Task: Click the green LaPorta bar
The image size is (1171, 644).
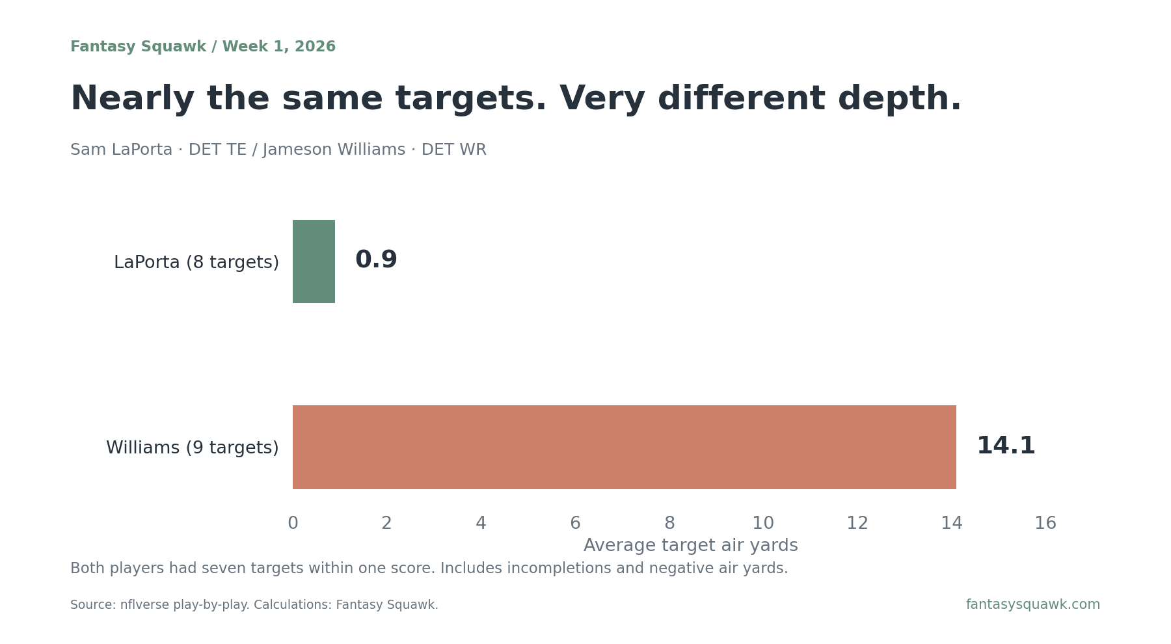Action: click(314, 262)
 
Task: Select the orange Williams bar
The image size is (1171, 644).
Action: click(625, 447)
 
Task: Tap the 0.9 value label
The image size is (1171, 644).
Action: click(376, 260)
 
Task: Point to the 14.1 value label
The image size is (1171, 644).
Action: click(1006, 446)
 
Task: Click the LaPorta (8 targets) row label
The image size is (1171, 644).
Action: click(196, 263)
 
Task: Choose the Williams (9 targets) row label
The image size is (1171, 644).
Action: click(193, 448)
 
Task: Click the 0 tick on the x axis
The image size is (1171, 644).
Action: click(293, 524)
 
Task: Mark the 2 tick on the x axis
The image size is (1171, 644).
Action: click(387, 524)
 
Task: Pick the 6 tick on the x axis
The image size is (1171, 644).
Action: click(575, 524)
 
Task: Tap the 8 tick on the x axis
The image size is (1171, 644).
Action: click(669, 524)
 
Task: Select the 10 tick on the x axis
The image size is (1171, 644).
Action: click(763, 524)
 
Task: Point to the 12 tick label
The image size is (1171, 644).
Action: click(857, 524)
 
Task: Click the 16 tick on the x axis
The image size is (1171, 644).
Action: click(1045, 524)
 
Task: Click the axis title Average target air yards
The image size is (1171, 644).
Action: click(691, 546)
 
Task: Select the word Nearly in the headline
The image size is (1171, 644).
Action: click(133, 100)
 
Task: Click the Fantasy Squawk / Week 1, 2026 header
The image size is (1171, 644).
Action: click(203, 47)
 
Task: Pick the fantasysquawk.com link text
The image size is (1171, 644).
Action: click(1033, 605)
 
